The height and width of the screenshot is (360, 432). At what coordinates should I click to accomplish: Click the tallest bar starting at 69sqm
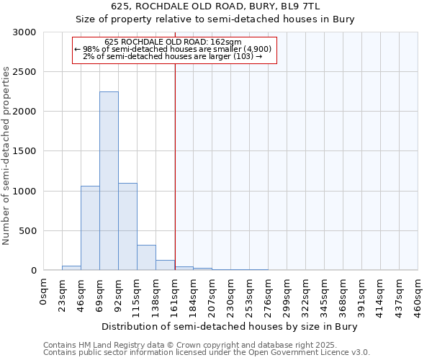click(109, 181)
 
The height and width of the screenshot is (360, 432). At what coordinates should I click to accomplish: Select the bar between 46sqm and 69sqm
click(90, 228)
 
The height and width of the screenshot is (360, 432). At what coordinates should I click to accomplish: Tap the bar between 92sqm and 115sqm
click(127, 226)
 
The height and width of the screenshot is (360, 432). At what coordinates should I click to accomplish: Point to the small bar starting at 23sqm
click(71, 268)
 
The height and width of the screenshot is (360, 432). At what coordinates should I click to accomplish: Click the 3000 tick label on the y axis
click(24, 32)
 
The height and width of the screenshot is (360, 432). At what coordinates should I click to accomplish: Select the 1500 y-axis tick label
click(24, 151)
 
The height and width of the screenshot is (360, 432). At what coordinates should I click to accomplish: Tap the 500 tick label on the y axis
click(27, 231)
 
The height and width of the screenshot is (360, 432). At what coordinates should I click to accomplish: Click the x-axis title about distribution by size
click(230, 326)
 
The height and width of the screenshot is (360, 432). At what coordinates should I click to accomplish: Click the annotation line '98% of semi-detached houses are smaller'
click(173, 49)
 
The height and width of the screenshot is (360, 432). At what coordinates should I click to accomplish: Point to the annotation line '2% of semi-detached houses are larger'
click(173, 56)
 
